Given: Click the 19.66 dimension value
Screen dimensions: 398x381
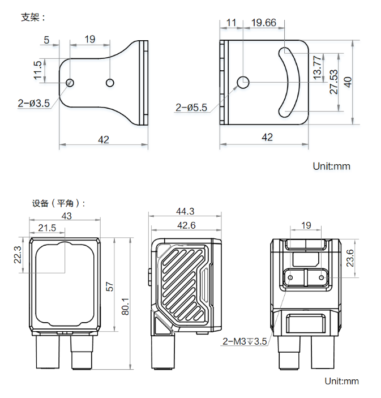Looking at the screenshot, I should [263, 23].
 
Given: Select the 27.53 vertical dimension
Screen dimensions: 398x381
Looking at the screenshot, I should [333, 82].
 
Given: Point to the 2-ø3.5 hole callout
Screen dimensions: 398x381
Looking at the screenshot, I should [34, 103].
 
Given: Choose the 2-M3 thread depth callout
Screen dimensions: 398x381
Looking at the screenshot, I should [244, 341].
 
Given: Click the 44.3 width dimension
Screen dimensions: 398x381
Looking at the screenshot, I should [185, 211].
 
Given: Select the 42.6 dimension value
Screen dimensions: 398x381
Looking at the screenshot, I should [185, 225].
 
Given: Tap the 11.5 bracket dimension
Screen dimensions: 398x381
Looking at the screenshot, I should [38, 71].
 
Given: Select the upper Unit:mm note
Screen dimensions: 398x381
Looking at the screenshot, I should [332, 166].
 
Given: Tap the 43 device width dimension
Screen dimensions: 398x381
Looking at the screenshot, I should [66, 216].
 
